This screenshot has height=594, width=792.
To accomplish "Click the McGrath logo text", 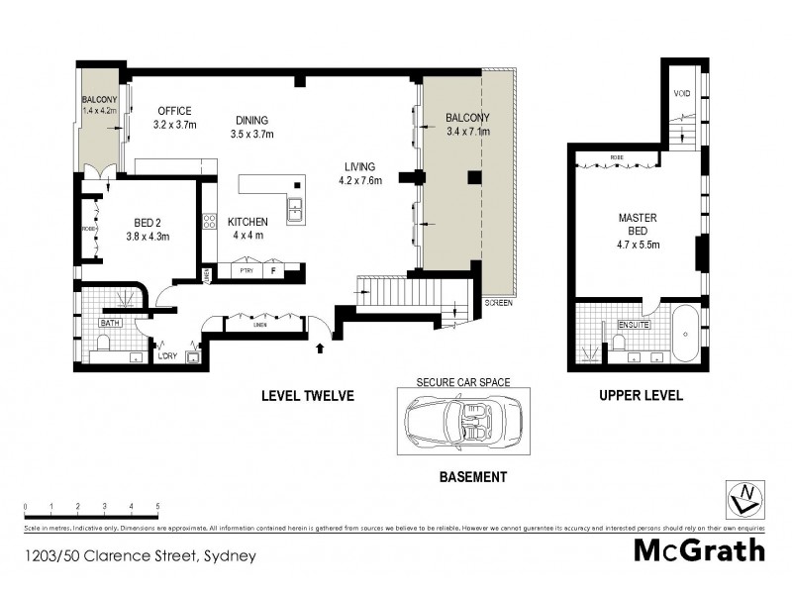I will (x=699, y=550).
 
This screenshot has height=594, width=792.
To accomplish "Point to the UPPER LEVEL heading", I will (x=641, y=396).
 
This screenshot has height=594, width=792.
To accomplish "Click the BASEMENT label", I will (x=472, y=476).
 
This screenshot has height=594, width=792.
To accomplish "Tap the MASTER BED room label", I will (x=638, y=224).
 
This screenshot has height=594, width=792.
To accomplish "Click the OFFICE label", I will (x=172, y=111).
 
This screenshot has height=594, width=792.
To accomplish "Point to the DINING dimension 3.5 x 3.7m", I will (x=251, y=134).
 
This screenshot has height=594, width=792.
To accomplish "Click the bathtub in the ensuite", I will (x=685, y=338).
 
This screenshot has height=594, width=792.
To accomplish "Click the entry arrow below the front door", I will (x=319, y=347).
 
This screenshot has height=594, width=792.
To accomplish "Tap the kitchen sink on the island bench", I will (x=295, y=209).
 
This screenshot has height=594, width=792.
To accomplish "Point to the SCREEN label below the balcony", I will (x=498, y=301).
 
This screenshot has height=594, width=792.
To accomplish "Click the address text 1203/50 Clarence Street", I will (x=140, y=555).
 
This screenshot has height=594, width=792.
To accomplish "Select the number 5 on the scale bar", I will (x=157, y=506).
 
